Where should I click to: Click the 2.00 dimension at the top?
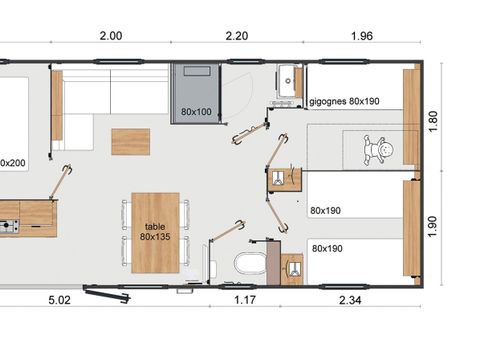pyautogui.click(x=110, y=35)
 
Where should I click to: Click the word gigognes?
pyautogui.click(x=329, y=102)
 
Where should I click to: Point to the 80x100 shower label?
pyautogui.click(x=195, y=110)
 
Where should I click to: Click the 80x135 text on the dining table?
pyautogui.click(x=155, y=238)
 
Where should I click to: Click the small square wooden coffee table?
pyautogui.click(x=130, y=141)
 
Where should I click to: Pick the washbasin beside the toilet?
pyautogui.click(x=293, y=267)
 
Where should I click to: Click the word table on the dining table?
pyautogui.click(x=155, y=227)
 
